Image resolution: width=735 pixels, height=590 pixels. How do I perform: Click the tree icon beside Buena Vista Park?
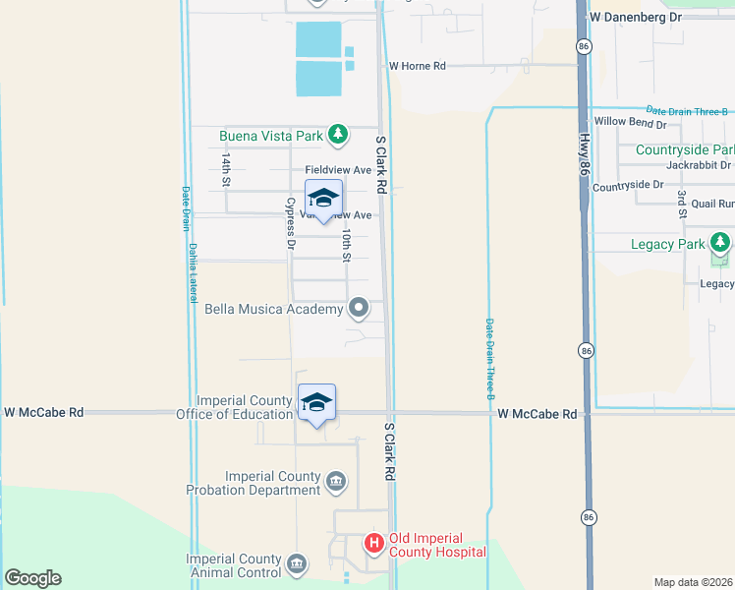tap(338, 133)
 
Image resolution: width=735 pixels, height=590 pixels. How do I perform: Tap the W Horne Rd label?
tap(417, 66)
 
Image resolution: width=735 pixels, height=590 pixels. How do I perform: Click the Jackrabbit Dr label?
tap(700, 164)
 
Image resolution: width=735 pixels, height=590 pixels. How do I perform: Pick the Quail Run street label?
tap(712, 204)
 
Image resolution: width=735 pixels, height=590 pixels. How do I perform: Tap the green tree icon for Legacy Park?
tap(721, 242)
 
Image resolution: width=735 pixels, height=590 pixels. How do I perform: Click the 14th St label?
tap(225, 169)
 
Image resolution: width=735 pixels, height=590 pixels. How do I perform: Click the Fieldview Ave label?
tap(338, 169)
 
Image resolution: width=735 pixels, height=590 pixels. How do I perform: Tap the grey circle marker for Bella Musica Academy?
tap(360, 309)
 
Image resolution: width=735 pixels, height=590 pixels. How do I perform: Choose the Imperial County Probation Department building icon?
tap(336, 481)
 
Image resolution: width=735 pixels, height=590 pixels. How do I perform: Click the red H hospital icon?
tap(373, 543)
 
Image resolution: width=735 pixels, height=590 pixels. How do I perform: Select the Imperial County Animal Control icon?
tap(297, 564)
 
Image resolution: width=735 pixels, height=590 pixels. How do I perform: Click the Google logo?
tap(32, 578)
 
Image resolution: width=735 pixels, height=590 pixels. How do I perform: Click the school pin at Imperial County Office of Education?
tap(316, 403)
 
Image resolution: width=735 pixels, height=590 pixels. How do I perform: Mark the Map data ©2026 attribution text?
tap(693, 582)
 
